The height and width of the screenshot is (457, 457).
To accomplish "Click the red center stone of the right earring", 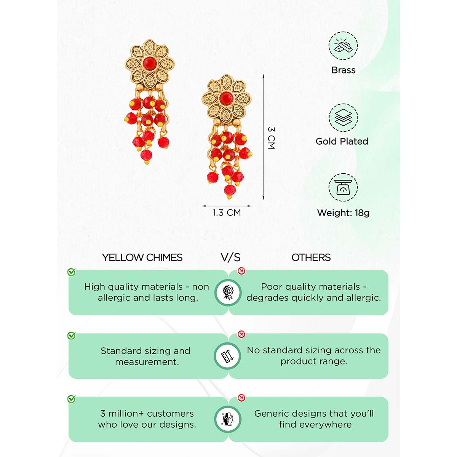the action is [226, 98].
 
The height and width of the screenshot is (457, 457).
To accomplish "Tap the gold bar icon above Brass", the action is [343, 46].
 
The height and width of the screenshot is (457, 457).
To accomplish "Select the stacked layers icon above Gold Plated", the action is [343, 118].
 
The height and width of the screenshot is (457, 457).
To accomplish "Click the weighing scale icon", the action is [343, 187].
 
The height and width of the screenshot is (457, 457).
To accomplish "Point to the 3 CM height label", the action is [271, 138].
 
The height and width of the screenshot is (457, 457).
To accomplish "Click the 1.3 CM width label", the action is [227, 213].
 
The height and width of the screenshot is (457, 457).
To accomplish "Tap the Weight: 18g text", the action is [343, 213].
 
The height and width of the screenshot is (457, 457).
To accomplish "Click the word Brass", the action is [343, 70].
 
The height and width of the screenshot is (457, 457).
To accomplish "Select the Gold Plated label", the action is [342, 141].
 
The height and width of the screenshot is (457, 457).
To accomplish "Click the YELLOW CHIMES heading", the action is [142, 257].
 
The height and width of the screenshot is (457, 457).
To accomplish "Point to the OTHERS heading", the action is [311, 257].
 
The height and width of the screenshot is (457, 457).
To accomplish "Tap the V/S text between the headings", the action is [230, 257].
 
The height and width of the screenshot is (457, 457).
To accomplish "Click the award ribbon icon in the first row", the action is [228, 292].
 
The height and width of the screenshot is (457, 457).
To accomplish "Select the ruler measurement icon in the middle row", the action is [227, 356].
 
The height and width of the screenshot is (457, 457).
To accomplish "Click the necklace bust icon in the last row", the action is [228, 419].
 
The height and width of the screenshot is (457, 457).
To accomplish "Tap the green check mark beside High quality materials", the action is [71, 272].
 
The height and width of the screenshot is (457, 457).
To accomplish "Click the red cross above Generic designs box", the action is [241, 398].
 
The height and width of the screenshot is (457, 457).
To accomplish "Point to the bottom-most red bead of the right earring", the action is [229, 190].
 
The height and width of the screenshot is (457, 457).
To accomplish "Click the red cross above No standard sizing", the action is [241, 334].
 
